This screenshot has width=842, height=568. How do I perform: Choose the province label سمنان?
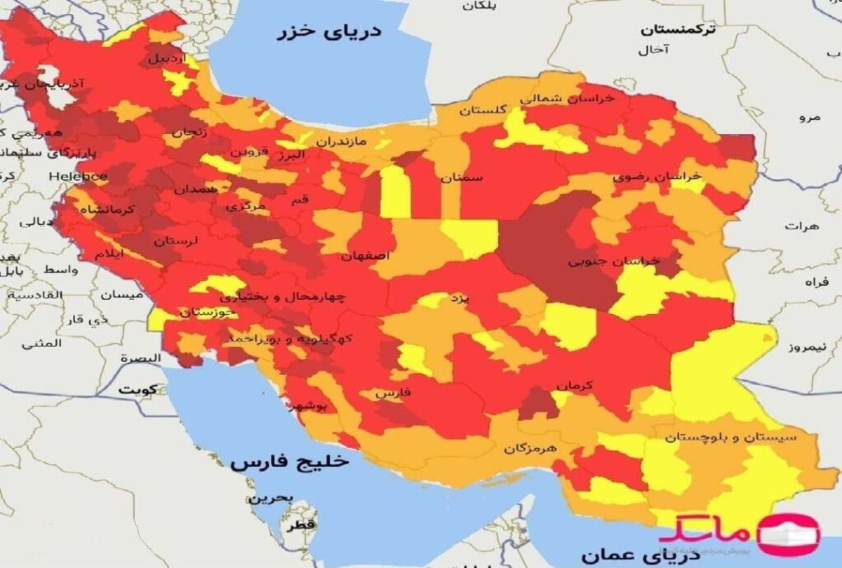point(462,178)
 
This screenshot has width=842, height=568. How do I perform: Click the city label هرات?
point(798,226)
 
